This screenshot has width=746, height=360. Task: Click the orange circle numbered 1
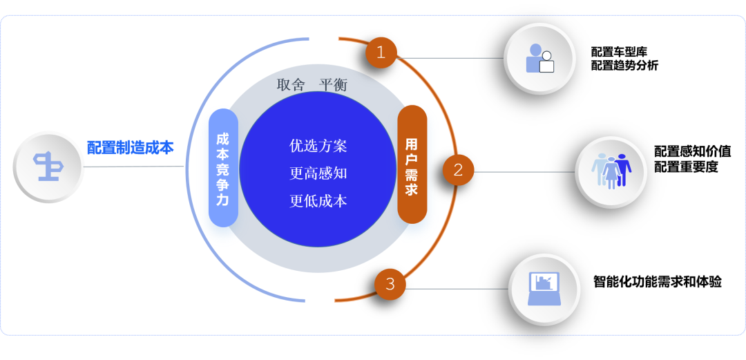coord(381,53)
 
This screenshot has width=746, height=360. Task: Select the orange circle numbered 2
coord(458,169)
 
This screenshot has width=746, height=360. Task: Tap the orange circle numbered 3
coord(390,283)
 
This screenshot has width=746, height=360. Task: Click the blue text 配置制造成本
coord(131,147)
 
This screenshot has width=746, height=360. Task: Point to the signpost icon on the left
coord(48,167)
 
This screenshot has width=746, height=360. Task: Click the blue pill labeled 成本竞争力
coord(222,168)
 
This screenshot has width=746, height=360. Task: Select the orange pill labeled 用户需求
coord(412,164)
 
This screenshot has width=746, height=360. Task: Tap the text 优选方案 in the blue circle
coord(318,146)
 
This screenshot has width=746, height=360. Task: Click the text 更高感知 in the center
coord(318,173)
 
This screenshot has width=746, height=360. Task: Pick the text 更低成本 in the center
coord(318,201)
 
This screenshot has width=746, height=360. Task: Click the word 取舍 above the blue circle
coord(291,85)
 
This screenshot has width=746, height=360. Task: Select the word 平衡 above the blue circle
coord(334,85)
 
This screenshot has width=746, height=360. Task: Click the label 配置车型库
coord(619,52)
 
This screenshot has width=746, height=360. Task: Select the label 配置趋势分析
coord(624,66)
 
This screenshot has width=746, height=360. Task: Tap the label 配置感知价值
coord(692,152)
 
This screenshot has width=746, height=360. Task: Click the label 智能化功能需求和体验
coord(658,281)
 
